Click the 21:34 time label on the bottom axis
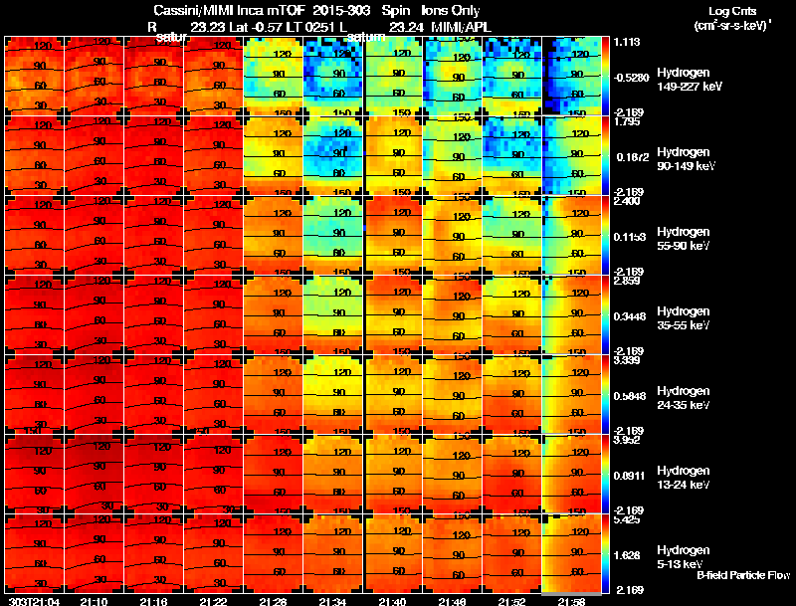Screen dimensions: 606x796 coord(333,601)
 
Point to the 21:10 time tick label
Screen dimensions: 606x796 coord(95,601)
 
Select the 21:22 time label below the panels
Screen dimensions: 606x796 coord(214,601)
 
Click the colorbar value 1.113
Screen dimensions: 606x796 coord(626,43)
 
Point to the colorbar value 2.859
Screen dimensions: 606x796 coord(626,282)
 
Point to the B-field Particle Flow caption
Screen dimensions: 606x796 coord(743,575)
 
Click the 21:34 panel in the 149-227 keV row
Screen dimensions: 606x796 coord(333,76)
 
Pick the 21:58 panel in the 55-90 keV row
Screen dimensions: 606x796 coord(572,235)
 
